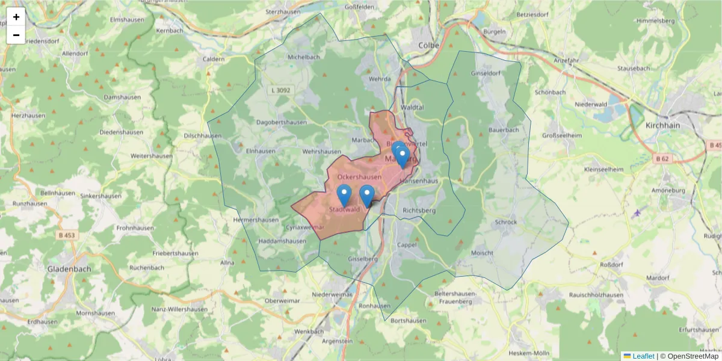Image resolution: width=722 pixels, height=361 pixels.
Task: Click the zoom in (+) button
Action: point(16,17)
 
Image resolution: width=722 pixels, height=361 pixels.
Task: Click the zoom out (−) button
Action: point(16,35)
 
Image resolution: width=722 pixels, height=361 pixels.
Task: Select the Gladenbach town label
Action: point(69,269)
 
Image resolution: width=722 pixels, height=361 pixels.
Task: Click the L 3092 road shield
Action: point(281,90)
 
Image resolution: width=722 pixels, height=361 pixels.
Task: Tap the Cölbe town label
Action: point(430,45)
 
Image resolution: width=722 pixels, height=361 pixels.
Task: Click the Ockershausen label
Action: point(359,177)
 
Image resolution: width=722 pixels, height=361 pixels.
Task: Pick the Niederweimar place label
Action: point(332,294)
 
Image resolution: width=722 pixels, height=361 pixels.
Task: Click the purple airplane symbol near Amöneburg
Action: point(637,212)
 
